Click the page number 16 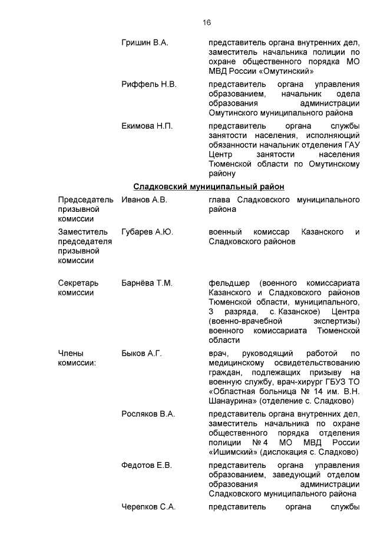pyautogui.click(x=206, y=22)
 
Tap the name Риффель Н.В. pyautogui.click(x=149, y=84)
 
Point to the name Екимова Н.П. pyautogui.click(x=147, y=126)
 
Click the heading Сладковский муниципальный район pyautogui.click(x=209, y=186)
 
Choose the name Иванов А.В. pyautogui.click(x=144, y=200)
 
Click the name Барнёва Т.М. pyautogui.click(x=147, y=283)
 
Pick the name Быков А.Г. pyautogui.click(x=141, y=353)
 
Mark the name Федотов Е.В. pyautogui.click(x=147, y=466)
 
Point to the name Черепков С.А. pyautogui.click(x=148, y=507)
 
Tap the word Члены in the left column pyautogui.click(x=70, y=353)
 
